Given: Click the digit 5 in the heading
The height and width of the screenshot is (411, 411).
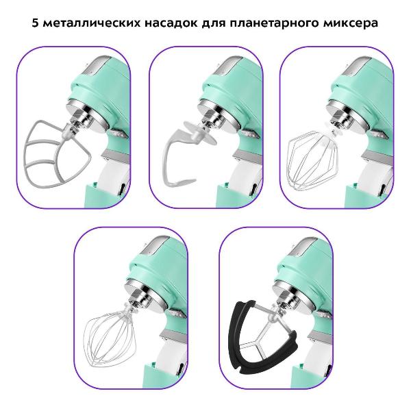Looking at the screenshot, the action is pyautogui.click(x=36, y=23).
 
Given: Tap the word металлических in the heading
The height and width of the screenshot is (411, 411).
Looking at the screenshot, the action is pyautogui.click(x=91, y=23).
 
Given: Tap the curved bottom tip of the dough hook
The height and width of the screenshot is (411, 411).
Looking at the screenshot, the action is pyautogui.click(x=190, y=181).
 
